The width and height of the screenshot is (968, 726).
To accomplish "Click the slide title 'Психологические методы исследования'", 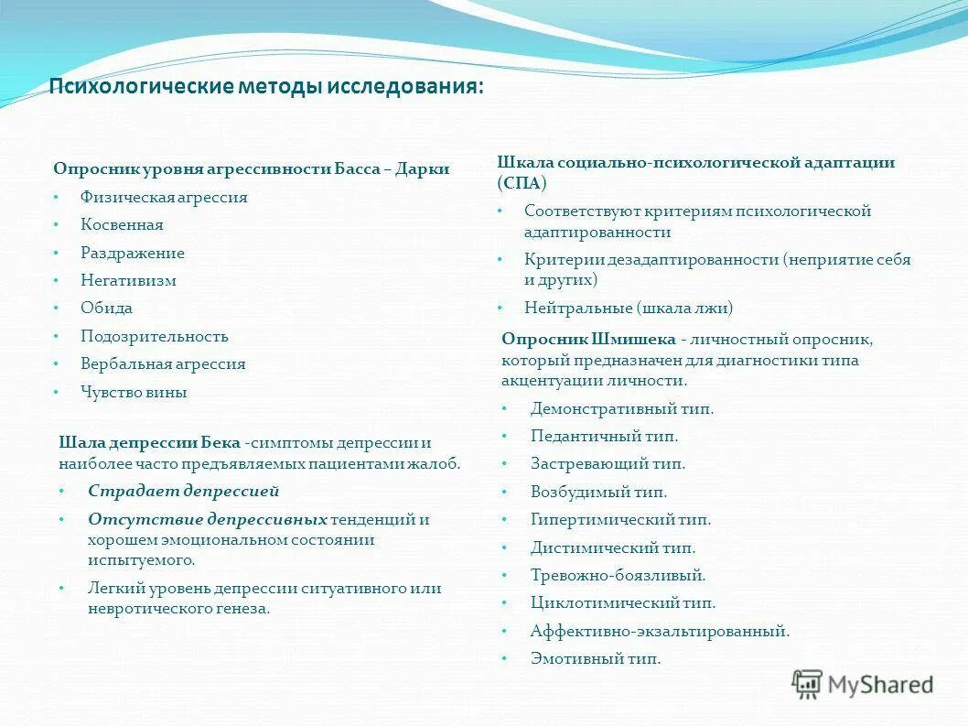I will (x=265, y=88).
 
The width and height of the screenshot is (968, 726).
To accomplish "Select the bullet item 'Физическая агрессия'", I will (x=164, y=197).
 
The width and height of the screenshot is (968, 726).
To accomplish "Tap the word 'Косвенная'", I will (x=122, y=225).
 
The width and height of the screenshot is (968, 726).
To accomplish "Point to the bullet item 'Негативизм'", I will (x=128, y=281).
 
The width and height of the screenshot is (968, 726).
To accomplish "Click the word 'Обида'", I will (x=106, y=309).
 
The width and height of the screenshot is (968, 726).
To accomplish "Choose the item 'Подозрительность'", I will (x=154, y=337).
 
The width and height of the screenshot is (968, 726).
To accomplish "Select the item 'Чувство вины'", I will (x=134, y=393).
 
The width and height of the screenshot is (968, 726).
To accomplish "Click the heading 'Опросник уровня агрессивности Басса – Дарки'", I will (x=251, y=169).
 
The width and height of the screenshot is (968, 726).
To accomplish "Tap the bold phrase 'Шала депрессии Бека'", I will (x=149, y=443).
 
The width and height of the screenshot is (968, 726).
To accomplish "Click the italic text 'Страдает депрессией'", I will (x=183, y=491).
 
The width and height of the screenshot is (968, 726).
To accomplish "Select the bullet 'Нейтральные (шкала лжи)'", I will (x=629, y=309).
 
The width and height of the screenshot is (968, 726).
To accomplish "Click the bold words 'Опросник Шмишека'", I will (x=588, y=339).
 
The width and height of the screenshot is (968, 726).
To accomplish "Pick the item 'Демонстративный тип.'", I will (x=622, y=409).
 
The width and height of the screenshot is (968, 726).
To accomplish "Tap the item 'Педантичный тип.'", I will (x=604, y=437).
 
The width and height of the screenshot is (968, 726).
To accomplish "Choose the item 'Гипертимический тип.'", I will (x=620, y=520).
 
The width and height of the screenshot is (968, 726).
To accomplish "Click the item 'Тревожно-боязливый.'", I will (x=618, y=576).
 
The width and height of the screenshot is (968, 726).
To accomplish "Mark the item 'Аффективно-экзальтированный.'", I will (x=660, y=632).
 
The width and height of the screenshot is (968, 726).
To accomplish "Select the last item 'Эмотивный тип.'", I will (x=595, y=659).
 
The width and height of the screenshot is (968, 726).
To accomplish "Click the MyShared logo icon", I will (x=808, y=684).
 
